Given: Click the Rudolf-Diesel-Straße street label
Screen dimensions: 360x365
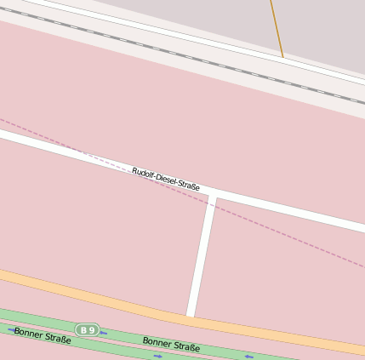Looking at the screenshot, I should point(166,179).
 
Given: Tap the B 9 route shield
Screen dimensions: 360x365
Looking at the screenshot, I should point(87,329).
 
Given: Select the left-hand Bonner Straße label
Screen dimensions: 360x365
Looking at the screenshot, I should point(43,335).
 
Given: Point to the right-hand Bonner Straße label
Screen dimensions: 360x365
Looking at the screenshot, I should point(171,345).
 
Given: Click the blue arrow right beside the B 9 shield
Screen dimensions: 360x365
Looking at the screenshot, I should point(103,333).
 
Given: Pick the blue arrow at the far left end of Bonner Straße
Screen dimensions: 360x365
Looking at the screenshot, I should point(11,329).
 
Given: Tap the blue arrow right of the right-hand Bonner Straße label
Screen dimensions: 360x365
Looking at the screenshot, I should point(248,356).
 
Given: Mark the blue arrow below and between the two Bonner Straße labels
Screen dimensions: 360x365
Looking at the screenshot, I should point(157,356).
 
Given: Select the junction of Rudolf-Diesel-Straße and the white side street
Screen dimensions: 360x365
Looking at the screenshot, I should point(213,197).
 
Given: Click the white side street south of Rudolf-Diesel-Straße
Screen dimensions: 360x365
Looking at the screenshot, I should point(202,255).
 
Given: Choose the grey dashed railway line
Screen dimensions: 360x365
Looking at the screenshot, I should point(170,52).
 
